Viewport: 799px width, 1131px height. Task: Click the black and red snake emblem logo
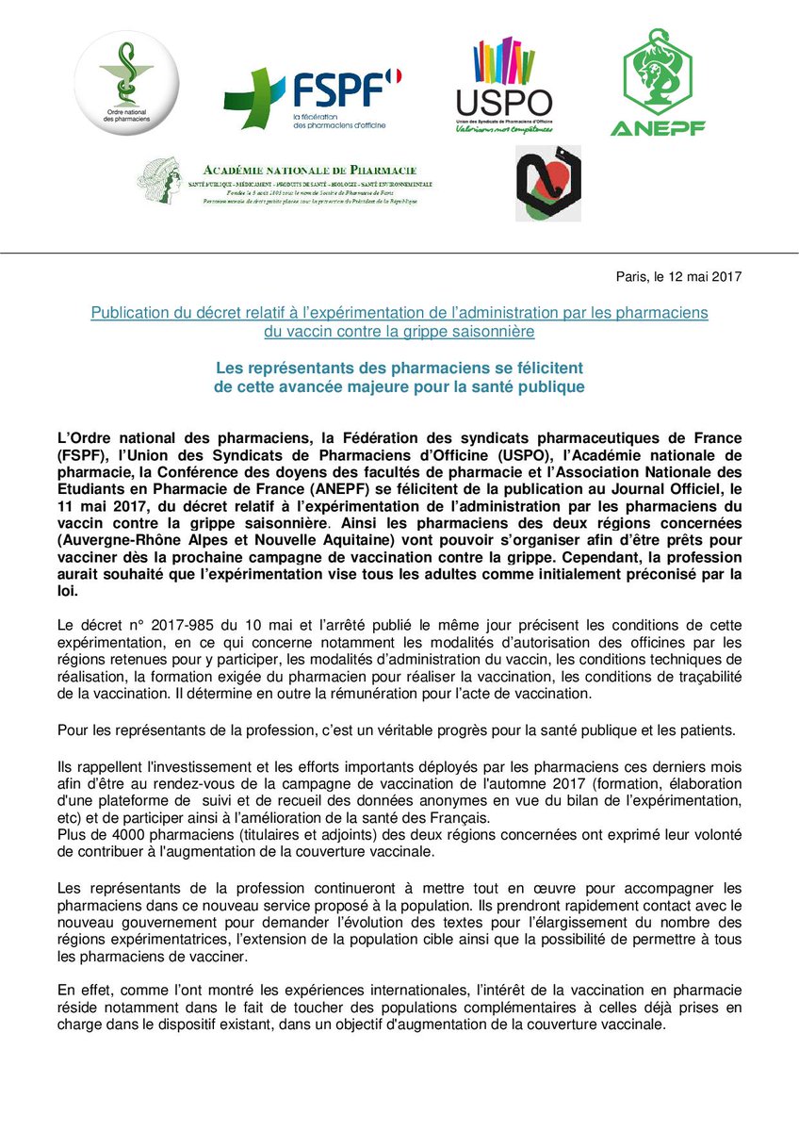pyautogui.click(x=547, y=184)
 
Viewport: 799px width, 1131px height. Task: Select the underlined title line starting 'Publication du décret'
pyautogui.click(x=399, y=311)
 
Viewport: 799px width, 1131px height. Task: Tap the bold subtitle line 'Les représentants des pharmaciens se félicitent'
pyautogui.click(x=399, y=369)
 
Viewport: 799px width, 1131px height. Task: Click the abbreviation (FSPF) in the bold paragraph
pyautogui.click(x=83, y=455)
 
